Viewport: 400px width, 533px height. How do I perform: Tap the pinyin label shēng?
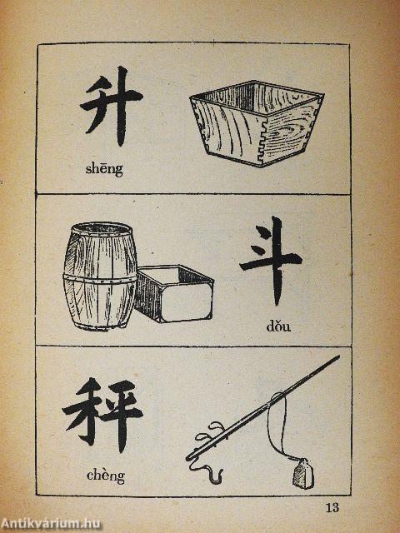(x=104, y=168)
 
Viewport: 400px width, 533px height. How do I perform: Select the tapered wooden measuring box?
(x=257, y=123)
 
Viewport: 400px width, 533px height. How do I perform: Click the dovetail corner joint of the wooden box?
(x=262, y=142)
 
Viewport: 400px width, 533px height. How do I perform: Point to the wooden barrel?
(x=100, y=276)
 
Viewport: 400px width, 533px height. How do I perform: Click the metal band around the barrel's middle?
(x=100, y=279)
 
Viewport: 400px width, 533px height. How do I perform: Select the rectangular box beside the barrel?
(x=174, y=294)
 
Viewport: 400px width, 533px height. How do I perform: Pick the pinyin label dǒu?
(x=278, y=326)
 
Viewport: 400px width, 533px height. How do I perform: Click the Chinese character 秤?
(x=102, y=414)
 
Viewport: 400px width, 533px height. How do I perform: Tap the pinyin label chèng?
(x=106, y=475)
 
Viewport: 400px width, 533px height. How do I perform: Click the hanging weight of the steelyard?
(x=303, y=474)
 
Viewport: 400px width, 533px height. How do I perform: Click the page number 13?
(x=332, y=508)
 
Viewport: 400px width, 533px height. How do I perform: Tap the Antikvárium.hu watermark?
(x=50, y=524)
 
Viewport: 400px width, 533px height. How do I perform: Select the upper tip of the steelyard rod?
(x=339, y=356)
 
